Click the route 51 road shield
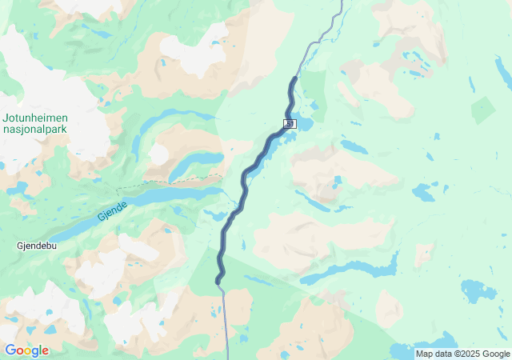tap(289, 124)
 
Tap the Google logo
tap(26, 350)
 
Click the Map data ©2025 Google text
tap(462, 354)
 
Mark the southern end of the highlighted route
tap(217, 282)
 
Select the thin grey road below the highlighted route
tap(226, 320)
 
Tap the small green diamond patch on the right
tap(483, 110)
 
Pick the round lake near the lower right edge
tap(478, 290)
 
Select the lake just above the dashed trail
tap(192, 163)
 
